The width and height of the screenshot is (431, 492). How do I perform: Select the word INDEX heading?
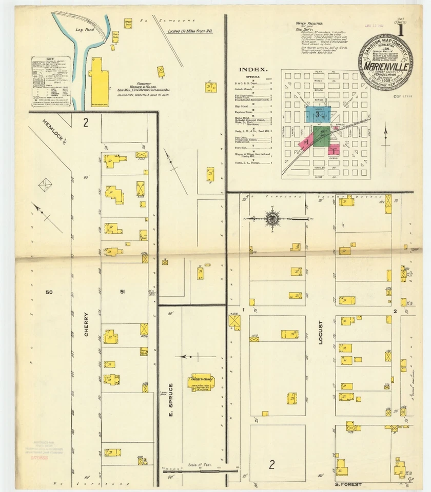click(x=253, y=69)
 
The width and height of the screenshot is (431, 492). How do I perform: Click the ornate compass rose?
click(x=272, y=218)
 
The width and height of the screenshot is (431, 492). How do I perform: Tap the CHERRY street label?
click(x=86, y=324)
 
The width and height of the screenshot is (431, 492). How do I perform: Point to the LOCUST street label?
click(x=321, y=333)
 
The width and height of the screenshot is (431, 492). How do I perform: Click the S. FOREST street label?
click(x=348, y=484)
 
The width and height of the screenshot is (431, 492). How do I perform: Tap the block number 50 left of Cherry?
click(x=49, y=292)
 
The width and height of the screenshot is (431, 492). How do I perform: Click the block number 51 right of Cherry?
click(x=122, y=292)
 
